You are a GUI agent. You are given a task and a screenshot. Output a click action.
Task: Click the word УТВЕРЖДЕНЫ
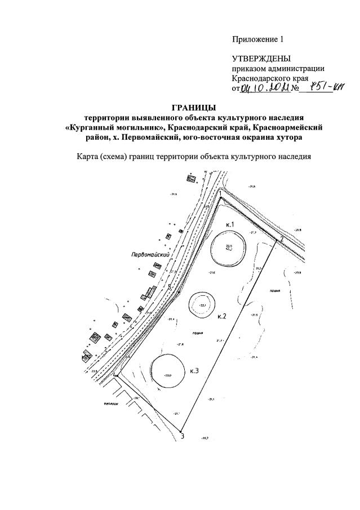pos(261,59)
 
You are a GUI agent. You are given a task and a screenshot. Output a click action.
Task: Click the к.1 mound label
pos(229,224)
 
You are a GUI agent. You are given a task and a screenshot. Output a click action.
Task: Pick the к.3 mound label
pos(195,370)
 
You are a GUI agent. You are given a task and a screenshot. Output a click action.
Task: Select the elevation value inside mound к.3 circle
pos(167,375)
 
